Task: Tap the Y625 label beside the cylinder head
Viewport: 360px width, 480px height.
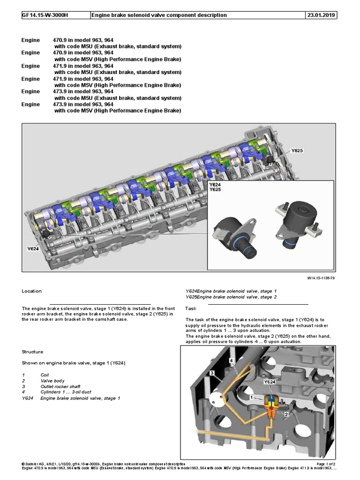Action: (x=297, y=150)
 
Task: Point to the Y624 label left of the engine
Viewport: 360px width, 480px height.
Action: (x=32, y=249)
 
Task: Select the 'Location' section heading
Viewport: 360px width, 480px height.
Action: (x=32, y=291)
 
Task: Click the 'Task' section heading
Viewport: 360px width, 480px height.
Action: (x=191, y=308)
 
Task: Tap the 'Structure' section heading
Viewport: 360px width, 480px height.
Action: (x=32, y=352)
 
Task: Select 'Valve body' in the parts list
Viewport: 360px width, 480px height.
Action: (x=52, y=381)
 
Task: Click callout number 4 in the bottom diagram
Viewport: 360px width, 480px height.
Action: (x=231, y=360)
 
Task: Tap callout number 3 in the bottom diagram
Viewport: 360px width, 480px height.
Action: (x=212, y=373)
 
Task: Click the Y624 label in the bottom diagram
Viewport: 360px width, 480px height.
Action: (x=270, y=382)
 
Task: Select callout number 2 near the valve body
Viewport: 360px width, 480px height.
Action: (x=285, y=414)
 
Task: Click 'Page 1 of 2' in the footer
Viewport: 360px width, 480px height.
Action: (x=324, y=464)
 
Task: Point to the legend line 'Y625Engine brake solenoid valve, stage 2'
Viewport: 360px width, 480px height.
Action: (x=231, y=297)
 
